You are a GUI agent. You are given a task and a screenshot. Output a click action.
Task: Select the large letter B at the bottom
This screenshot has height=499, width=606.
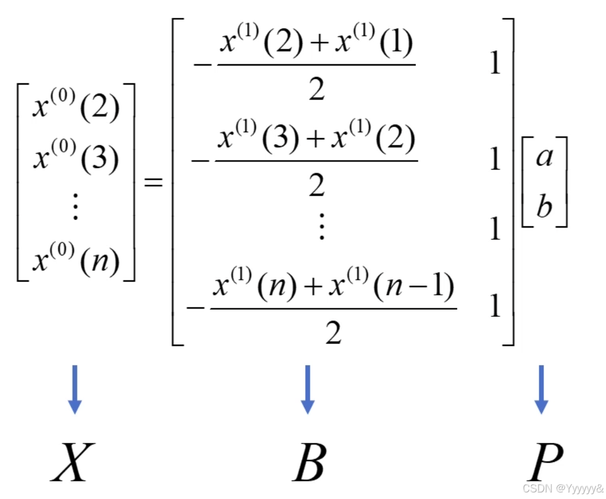click(x=309, y=461)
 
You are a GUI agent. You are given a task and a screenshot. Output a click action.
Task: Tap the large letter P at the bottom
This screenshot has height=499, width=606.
click(x=545, y=461)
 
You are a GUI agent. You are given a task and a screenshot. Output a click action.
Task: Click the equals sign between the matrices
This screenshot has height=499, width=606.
click(x=154, y=183)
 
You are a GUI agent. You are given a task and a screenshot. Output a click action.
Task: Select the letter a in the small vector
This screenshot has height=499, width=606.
click(x=544, y=158)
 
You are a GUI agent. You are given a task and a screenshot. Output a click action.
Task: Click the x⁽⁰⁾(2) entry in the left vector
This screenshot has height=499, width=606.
click(x=76, y=108)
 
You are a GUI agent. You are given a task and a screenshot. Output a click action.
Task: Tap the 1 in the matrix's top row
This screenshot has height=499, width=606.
click(x=495, y=64)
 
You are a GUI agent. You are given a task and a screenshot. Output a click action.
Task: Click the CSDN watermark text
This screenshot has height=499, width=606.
click(x=563, y=488)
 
